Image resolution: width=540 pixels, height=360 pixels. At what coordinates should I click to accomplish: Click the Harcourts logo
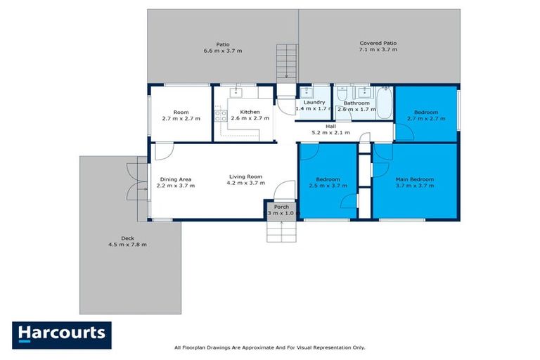61,335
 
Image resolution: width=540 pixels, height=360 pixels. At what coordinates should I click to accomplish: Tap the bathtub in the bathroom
384,103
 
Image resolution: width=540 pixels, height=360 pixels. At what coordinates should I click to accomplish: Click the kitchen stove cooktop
220,116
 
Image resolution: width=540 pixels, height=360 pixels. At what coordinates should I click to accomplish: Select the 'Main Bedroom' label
414,179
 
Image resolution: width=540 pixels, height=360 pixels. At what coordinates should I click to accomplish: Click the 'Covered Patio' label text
378,44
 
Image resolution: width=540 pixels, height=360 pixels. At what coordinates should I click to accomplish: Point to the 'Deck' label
127,238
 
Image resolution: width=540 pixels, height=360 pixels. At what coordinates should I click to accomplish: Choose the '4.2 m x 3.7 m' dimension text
245,184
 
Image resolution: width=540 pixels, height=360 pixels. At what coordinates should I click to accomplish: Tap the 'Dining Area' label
175,179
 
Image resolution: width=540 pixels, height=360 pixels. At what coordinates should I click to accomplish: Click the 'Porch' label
281,206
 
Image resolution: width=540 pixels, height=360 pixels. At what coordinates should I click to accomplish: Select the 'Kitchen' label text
250,112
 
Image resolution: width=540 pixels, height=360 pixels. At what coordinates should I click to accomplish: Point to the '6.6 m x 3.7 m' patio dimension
222,51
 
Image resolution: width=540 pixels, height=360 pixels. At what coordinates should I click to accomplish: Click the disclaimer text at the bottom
269,347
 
